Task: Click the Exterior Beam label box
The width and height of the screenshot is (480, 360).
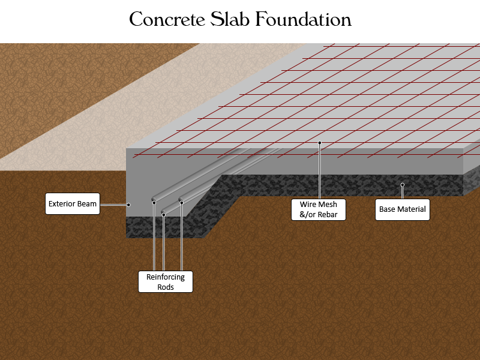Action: click(x=73, y=203)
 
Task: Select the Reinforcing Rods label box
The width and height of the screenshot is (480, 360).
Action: click(x=166, y=281)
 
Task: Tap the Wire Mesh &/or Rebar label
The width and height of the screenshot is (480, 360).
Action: click(x=319, y=209)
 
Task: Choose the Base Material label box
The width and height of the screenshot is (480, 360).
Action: click(x=403, y=209)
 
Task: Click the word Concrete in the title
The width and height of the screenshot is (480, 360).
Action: click(x=167, y=20)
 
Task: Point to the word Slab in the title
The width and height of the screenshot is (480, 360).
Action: click(x=230, y=19)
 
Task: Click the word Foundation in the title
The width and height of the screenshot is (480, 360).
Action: click(x=303, y=19)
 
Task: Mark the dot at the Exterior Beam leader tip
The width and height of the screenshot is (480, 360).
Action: click(x=129, y=205)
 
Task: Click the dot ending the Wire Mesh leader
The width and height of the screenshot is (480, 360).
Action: click(x=320, y=143)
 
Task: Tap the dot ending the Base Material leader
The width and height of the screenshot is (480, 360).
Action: click(x=403, y=185)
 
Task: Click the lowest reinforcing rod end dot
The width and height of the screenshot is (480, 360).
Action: click(x=163, y=215)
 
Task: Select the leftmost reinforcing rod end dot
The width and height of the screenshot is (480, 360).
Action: click(x=154, y=203)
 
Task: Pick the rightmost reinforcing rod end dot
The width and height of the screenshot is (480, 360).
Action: click(x=182, y=203)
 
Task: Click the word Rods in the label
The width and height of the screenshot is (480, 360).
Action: click(x=166, y=287)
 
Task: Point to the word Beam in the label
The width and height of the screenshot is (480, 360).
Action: click(x=88, y=204)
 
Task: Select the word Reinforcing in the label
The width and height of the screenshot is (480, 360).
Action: click(x=166, y=277)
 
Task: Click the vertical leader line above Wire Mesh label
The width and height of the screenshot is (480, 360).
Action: click(x=320, y=171)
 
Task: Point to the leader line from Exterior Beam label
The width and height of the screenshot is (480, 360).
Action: click(x=115, y=205)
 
